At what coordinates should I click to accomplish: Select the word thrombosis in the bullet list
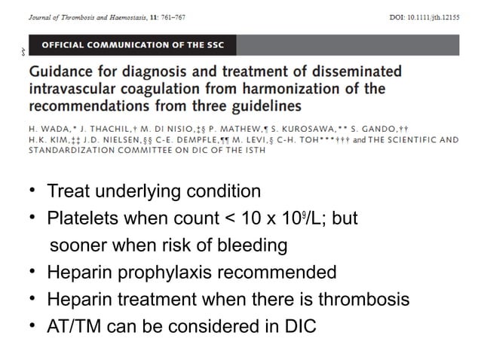pyautogui.click(x=363, y=300)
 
